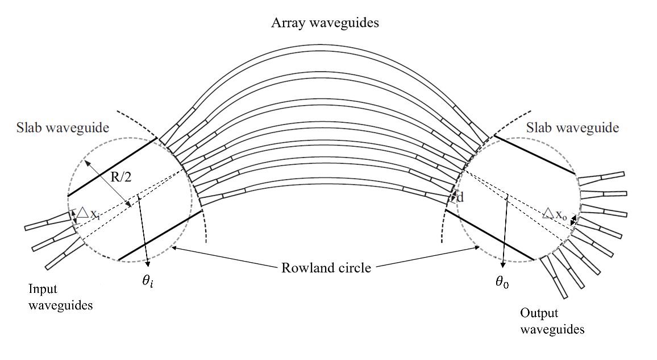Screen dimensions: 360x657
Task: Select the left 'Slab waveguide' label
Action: pos(63,128)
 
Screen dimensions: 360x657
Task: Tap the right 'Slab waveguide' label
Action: pos(572,128)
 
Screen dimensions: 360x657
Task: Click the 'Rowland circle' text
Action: pos(326,267)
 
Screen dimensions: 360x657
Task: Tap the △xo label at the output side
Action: pos(554,214)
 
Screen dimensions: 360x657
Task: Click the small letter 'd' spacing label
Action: pos(460,198)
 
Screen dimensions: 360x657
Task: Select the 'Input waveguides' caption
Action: pos(60,297)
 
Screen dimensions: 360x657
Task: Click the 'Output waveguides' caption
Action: pos(552,321)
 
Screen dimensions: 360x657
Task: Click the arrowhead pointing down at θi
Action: pos(148,263)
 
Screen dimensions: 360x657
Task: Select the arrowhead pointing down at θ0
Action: pos(504,263)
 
